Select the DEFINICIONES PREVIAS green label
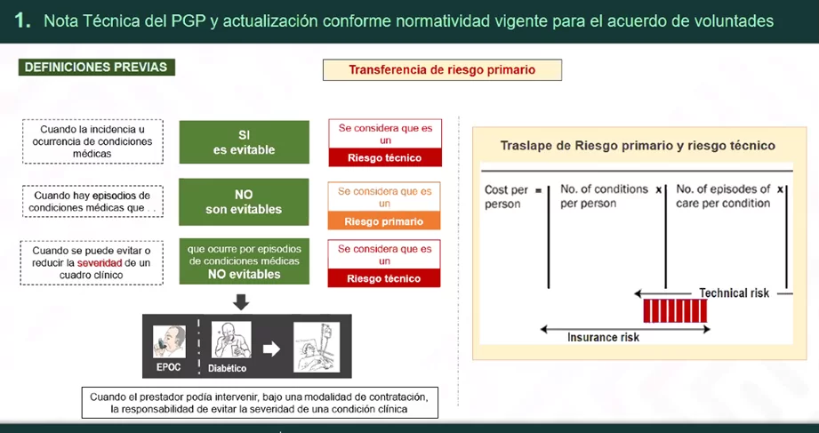coord(97,68)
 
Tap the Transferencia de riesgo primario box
coord(442,70)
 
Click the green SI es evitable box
coord(244,142)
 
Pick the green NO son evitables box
coord(244,202)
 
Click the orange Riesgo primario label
coord(384,221)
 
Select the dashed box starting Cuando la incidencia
coord(92,141)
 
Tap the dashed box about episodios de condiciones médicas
coord(92,202)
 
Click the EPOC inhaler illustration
coord(169,342)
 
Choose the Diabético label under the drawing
coord(228,368)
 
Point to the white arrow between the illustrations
coord(271,349)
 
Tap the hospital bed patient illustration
coord(317,347)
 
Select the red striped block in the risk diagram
coord(675,311)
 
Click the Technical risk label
coord(734,293)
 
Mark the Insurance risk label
coord(603,337)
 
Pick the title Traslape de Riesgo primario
coord(638,146)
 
